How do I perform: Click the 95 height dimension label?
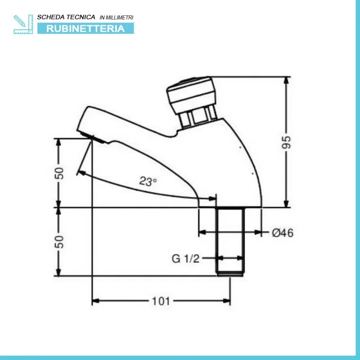point(286,142)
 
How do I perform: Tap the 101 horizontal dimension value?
point(161,301)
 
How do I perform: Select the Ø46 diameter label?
point(283,233)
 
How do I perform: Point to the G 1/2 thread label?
point(185,259)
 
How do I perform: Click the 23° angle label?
point(148,181)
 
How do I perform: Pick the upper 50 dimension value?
point(59,173)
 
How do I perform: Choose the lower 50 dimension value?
point(59,242)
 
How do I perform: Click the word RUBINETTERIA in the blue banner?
point(85,28)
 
